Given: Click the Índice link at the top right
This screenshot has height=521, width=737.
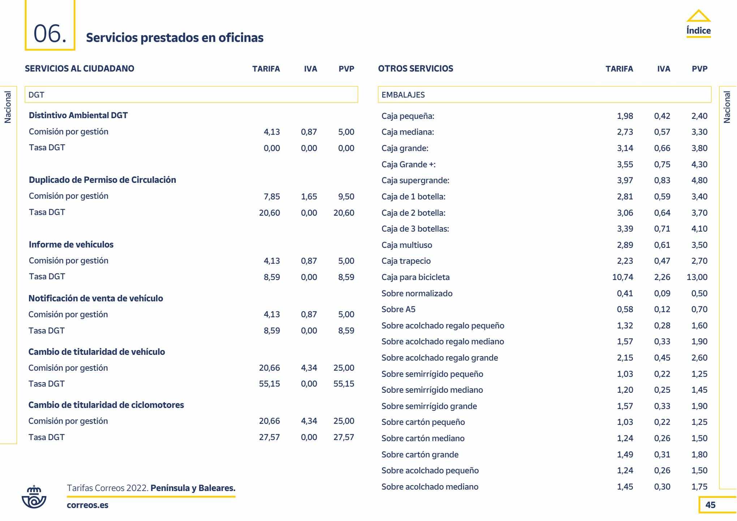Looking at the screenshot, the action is point(698,31).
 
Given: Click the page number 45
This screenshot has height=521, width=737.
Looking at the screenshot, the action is point(710,505).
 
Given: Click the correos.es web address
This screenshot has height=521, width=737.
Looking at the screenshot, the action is point(87,505).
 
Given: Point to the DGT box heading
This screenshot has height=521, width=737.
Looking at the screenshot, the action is point(36,95).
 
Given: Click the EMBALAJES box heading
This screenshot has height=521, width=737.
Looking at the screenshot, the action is point(403,95).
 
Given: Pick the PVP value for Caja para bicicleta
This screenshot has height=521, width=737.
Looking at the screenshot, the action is point(697,277).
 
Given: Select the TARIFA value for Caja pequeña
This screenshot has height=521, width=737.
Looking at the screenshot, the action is point(625,116).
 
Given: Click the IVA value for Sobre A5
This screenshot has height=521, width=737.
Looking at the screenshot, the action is point(662,309).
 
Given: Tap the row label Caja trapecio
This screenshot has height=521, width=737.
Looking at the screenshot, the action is point(406,261).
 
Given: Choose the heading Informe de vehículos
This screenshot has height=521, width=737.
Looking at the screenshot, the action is point(71,245).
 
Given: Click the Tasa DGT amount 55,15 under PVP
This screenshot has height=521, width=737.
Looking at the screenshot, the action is point(344,384).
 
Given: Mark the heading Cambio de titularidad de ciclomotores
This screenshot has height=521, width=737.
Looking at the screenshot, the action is point(106,405).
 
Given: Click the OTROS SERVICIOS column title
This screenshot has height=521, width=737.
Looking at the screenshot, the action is point(415,69).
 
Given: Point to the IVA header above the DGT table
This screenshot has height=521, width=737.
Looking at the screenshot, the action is point(310,69).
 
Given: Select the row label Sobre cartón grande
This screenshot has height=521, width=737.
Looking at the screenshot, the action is point(420,455).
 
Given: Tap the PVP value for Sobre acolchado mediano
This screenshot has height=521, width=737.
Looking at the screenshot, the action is point(699,487).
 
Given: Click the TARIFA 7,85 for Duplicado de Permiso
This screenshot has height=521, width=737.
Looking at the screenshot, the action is point(272,197).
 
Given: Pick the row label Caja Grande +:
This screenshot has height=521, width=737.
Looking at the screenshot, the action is point(409,164).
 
